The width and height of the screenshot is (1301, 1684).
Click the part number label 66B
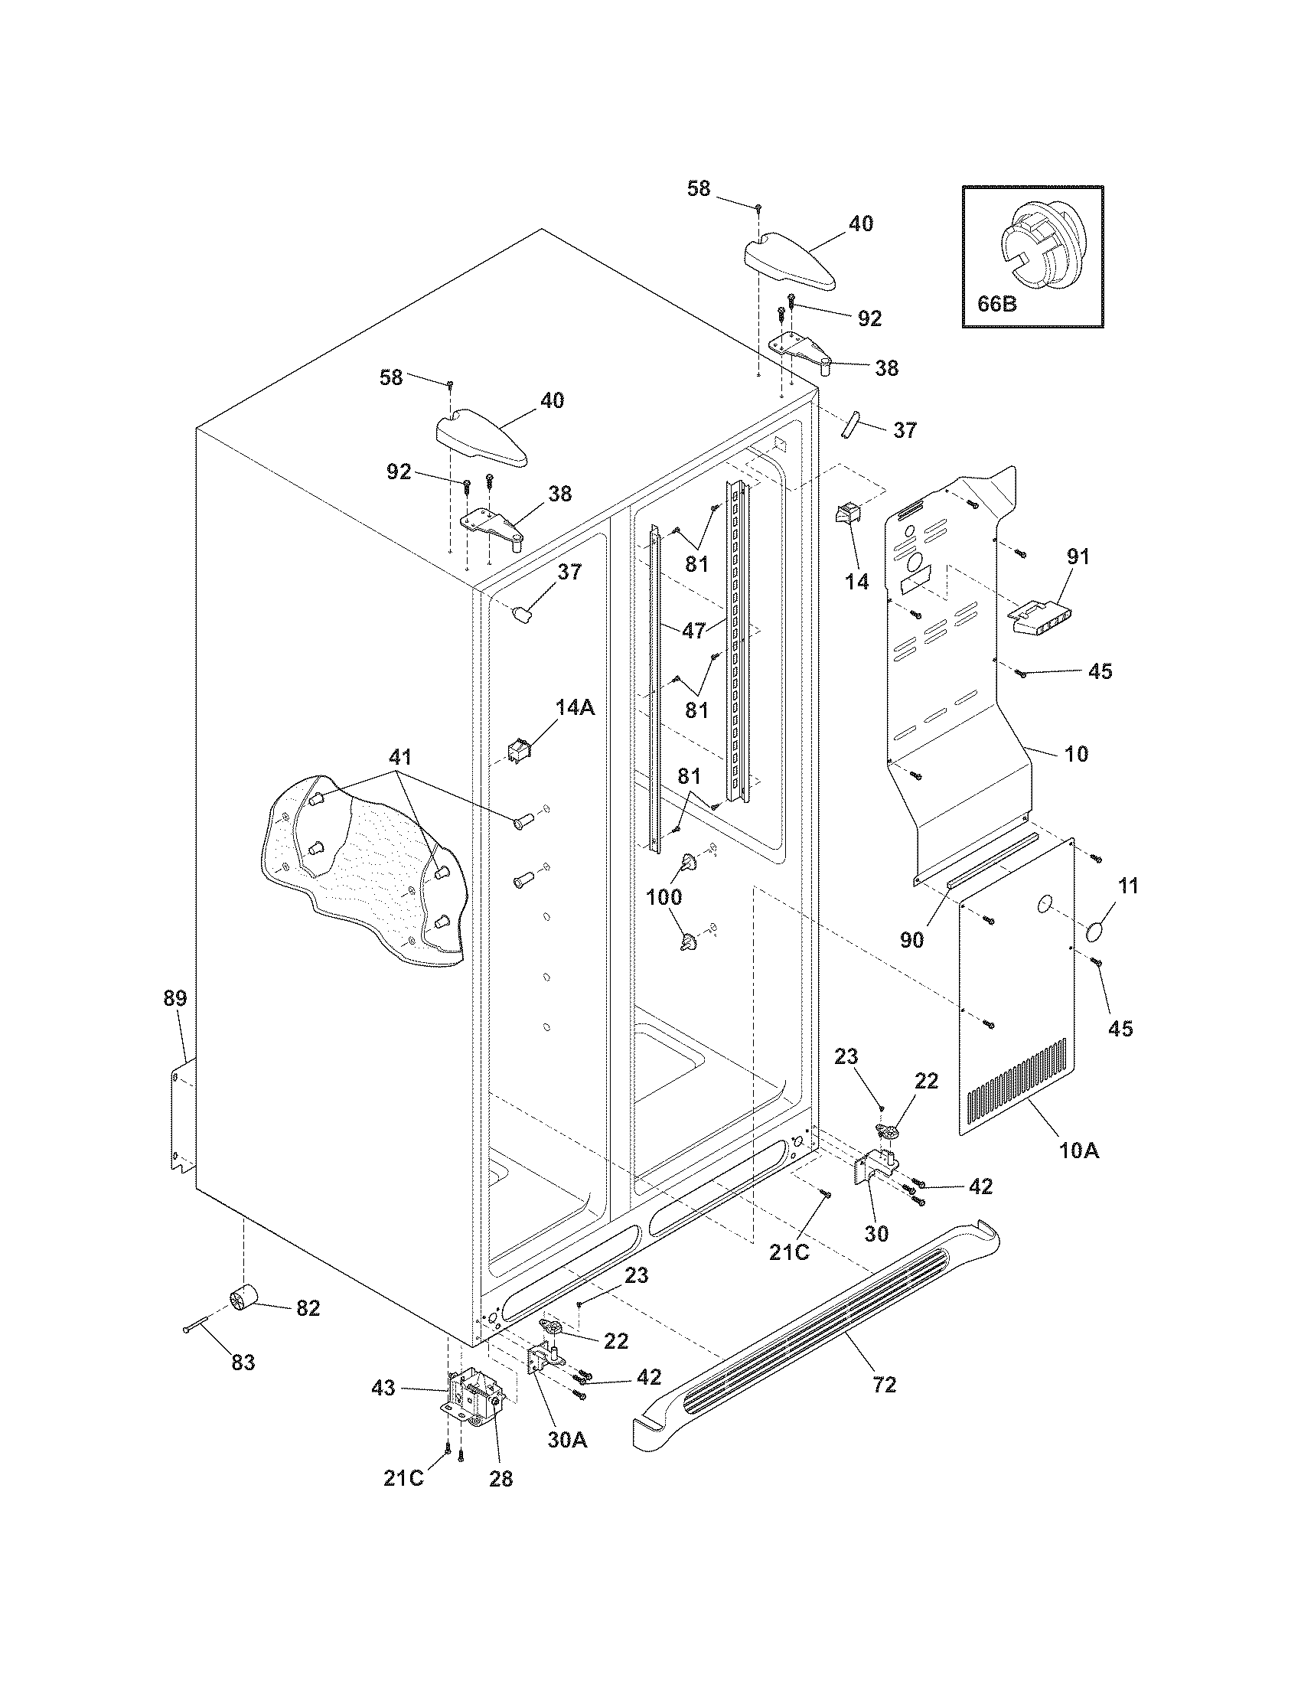click(x=997, y=304)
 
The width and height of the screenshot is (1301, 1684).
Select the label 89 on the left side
click(x=175, y=998)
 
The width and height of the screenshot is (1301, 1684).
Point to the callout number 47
click(x=693, y=630)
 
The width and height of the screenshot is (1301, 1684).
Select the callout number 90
click(x=911, y=941)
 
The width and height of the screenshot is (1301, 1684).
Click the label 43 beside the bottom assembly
click(x=383, y=1389)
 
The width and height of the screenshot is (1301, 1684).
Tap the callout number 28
click(x=501, y=1479)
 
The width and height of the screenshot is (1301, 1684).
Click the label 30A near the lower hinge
click(x=568, y=1440)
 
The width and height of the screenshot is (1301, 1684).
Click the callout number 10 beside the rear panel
click(x=1076, y=753)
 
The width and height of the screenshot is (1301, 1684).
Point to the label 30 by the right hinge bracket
click(x=876, y=1234)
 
